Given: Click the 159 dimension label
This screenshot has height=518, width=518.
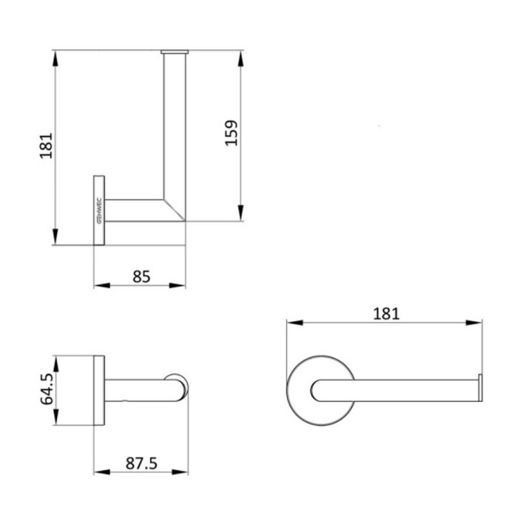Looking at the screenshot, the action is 231,133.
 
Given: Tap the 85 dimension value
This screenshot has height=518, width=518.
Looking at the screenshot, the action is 141,277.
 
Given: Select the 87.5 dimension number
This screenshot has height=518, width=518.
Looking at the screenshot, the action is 141,463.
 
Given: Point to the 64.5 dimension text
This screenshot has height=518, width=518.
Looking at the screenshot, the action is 47,388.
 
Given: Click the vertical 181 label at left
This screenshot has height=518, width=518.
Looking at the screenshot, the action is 46,146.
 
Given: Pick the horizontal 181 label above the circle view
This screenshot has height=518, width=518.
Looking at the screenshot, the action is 386,314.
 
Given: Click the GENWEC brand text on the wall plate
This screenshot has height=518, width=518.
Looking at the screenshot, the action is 100,211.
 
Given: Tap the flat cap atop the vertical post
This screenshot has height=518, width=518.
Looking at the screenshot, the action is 175,52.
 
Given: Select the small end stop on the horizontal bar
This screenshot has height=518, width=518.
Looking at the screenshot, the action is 480,388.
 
